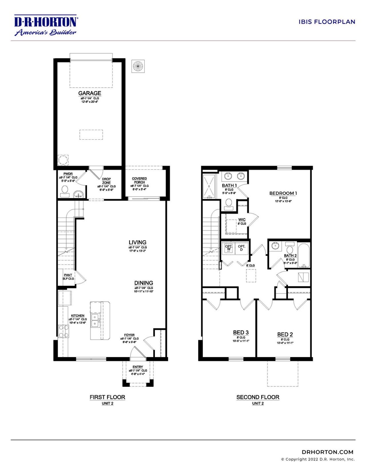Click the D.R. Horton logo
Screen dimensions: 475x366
[x=46, y=25]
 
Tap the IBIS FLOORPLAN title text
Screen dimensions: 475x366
[x=327, y=22]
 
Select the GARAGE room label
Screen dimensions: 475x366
[x=89, y=93]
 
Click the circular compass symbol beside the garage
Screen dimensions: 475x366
[x=138, y=66]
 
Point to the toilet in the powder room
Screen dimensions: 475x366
[x=65, y=191]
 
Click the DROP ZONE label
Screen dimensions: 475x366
[x=106, y=181]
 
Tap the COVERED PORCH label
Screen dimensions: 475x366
[x=139, y=180]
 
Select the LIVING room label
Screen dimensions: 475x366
[x=138, y=242]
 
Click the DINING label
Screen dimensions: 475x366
[x=144, y=283]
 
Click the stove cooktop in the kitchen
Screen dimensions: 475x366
[x=63, y=331]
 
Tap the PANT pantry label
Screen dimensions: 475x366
[x=68, y=275]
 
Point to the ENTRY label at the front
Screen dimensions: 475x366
[x=138, y=367]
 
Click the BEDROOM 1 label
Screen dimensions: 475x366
[x=283, y=193]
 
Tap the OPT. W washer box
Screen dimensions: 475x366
[x=228, y=248]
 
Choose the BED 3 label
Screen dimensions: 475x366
[x=241, y=332]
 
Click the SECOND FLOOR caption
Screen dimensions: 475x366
[x=258, y=397]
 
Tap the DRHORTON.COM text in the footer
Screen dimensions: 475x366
[x=327, y=452]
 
